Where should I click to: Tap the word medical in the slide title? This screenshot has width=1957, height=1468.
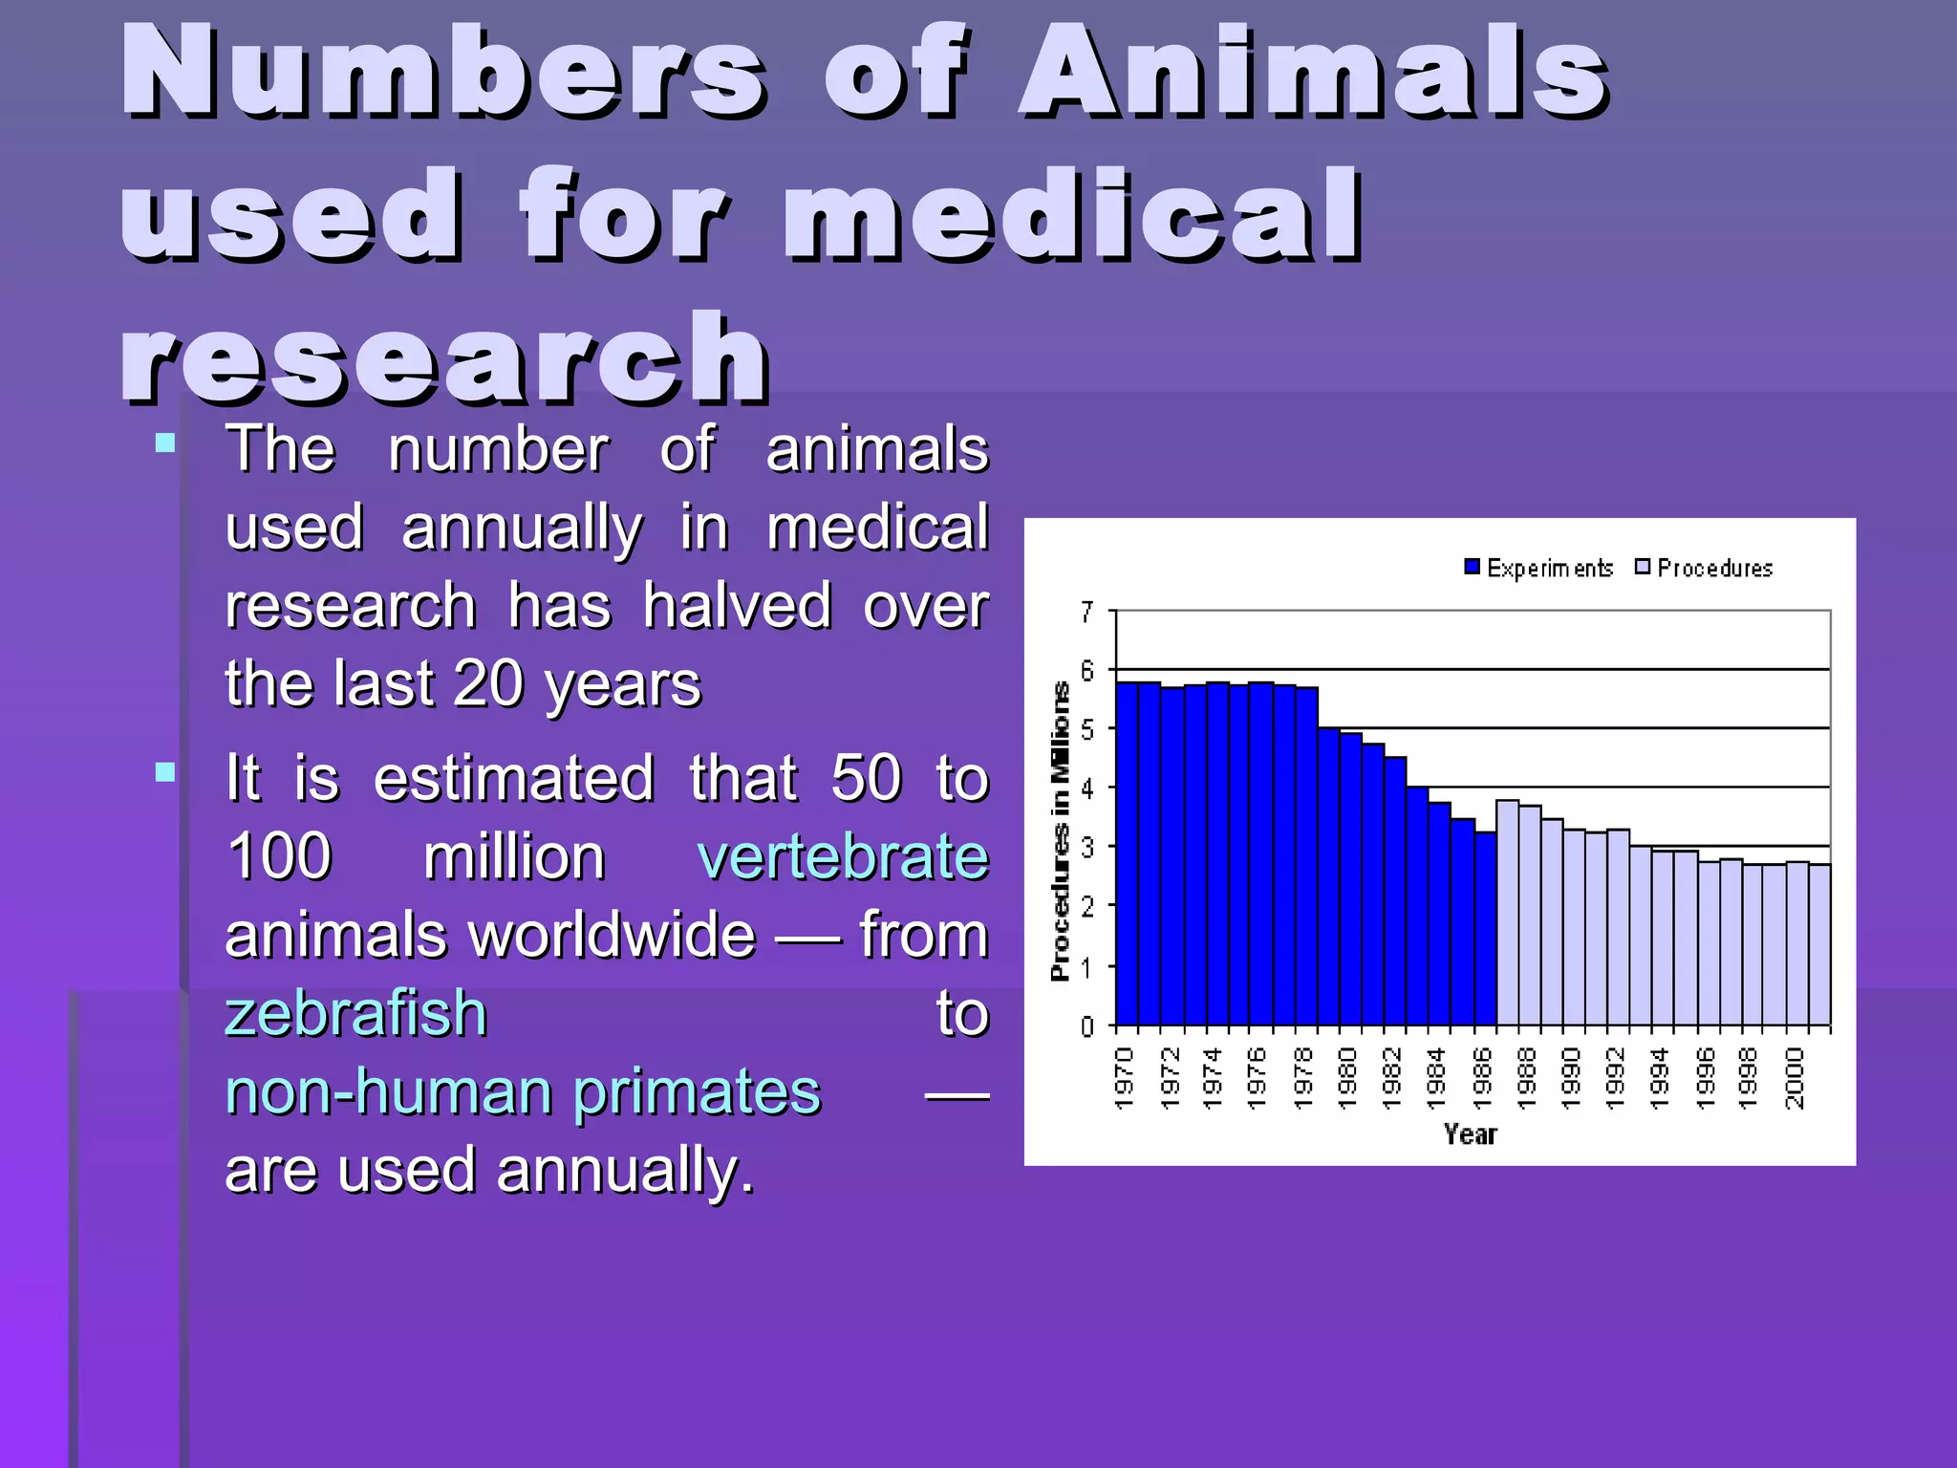1072,215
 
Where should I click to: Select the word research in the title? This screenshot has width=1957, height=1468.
444,358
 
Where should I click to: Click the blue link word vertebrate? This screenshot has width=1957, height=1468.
843,856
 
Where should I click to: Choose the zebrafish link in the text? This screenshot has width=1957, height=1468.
355,1013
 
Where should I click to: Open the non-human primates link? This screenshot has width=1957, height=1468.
523,1091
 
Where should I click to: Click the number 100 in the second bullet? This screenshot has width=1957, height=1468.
279,856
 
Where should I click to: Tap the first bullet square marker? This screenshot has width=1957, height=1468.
165,443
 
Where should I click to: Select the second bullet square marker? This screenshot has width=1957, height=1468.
165,772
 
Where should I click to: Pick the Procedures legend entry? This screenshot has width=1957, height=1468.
1705,568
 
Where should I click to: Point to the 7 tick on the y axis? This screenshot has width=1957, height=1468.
1086,612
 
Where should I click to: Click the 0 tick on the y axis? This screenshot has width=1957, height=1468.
1086,1026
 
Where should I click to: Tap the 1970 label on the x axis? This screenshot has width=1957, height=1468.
1126,1078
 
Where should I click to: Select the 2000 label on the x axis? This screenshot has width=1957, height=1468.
1796,1078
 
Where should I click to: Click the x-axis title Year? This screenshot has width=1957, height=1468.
1470,1134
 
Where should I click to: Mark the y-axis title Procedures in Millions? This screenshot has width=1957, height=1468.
1060,831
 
